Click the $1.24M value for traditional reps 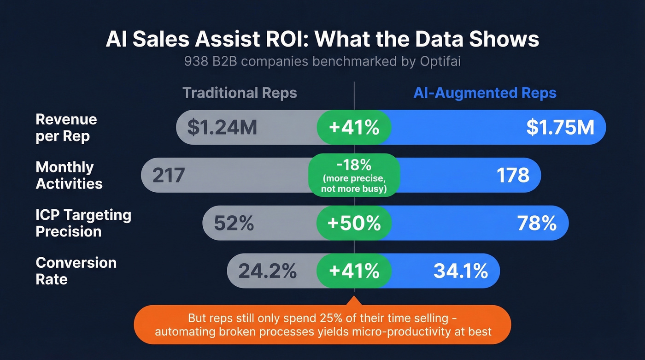tap(222, 128)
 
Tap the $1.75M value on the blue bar tap(560, 128)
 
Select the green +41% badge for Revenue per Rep tap(354, 128)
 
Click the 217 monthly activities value tap(169, 175)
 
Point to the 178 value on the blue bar tap(513, 175)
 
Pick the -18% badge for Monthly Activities tap(354, 175)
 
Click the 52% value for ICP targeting tap(234, 224)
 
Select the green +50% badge tap(354, 224)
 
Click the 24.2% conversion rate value tap(267, 271)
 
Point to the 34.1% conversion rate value tap(460, 271)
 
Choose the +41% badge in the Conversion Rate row tap(354, 271)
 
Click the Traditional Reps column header tap(240, 93)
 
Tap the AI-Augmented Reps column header tap(485, 93)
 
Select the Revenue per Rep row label tap(66, 128)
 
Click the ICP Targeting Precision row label tap(83, 223)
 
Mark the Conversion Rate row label tap(76, 271)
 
